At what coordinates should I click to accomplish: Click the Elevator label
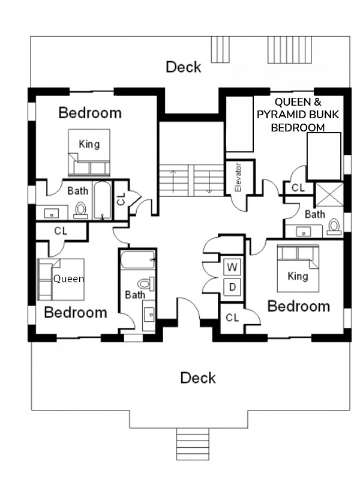[238, 178]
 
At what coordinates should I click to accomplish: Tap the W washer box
[232, 267]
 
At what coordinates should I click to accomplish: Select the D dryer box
[232, 287]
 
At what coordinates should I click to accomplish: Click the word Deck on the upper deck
[183, 67]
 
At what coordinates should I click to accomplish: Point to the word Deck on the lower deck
[198, 378]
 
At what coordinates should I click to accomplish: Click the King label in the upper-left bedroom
[89, 144]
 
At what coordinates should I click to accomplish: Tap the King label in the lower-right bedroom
[298, 276]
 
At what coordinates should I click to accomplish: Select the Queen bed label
[68, 279]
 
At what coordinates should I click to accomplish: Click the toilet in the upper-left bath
[80, 211]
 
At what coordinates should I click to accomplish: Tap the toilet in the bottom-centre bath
[146, 284]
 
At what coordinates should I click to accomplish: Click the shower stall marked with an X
[329, 194]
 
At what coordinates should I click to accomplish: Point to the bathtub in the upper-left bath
[102, 200]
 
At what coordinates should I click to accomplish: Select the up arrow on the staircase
[173, 180]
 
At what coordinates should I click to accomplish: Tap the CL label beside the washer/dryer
[232, 318]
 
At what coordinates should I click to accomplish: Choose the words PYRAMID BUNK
[298, 115]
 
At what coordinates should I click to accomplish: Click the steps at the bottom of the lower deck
[193, 444]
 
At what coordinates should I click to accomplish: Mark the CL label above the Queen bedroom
[61, 231]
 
